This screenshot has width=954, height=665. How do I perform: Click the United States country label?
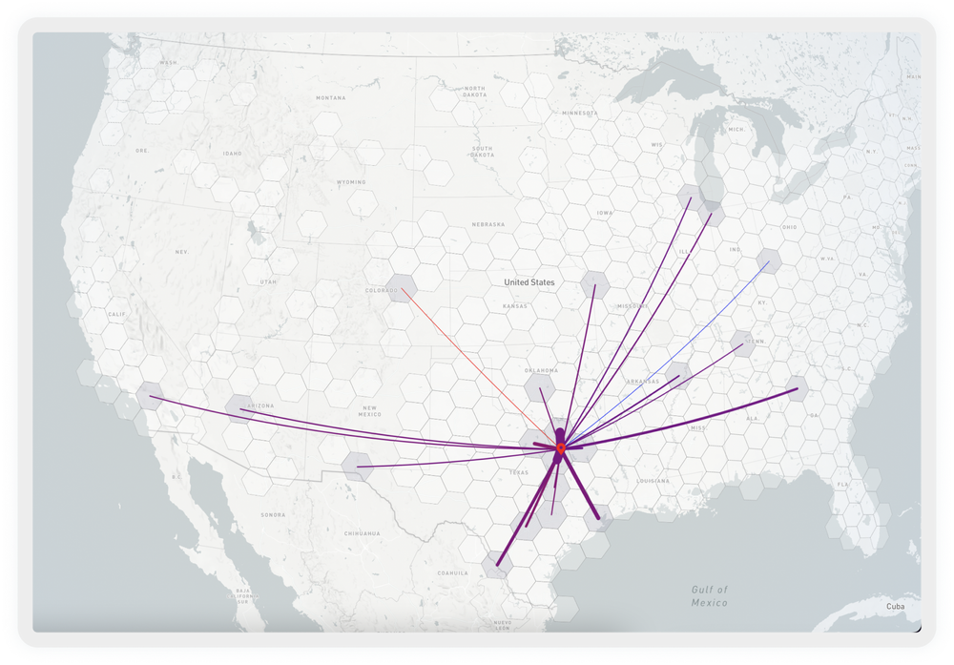pyautogui.click(x=529, y=282)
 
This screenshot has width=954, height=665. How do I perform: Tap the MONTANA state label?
pyautogui.click(x=331, y=97)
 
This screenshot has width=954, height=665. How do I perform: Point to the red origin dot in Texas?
pyautogui.click(x=560, y=447)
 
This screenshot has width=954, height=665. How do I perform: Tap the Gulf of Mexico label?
pyautogui.click(x=709, y=596)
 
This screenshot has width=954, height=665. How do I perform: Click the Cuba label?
pyautogui.click(x=895, y=606)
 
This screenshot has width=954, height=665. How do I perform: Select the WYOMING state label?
pyautogui.click(x=350, y=181)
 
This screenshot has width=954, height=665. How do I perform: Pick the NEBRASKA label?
pyautogui.click(x=487, y=224)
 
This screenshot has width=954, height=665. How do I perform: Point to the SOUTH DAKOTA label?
pyautogui.click(x=482, y=152)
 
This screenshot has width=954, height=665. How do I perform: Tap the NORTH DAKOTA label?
pyautogui.click(x=474, y=92)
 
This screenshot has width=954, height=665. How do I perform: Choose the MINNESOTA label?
pyautogui.click(x=579, y=113)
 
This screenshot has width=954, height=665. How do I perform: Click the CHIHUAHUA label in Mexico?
pyautogui.click(x=363, y=533)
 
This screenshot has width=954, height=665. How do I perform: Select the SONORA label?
pyautogui.click(x=273, y=515)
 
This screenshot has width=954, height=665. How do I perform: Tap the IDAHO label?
pyautogui.click(x=232, y=153)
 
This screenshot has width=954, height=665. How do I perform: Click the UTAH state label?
pyautogui.click(x=268, y=281)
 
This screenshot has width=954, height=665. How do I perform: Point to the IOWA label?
pyautogui.click(x=604, y=213)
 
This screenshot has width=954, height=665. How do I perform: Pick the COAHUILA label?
pyautogui.click(x=452, y=573)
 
